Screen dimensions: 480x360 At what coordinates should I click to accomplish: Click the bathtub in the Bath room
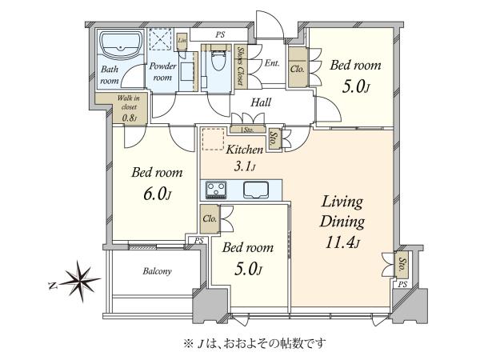121,45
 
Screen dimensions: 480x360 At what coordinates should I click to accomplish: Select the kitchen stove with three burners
216,190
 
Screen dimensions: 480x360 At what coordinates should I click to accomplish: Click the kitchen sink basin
256,190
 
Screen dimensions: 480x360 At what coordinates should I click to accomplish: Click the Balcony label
157,271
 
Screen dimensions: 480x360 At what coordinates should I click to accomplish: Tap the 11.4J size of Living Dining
342,243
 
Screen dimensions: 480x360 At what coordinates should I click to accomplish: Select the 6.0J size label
157,194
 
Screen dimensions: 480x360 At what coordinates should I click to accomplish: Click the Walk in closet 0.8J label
129,108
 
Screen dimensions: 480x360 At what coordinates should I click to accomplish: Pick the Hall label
261,102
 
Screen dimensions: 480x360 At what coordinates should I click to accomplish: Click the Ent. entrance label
272,63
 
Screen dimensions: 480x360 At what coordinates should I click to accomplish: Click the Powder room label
163,72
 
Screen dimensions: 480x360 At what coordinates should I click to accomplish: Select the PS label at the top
220,35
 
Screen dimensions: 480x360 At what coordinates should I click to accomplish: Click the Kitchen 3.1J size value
245,167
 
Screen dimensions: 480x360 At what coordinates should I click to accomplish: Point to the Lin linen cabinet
182,42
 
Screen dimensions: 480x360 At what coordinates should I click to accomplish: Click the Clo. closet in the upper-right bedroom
298,67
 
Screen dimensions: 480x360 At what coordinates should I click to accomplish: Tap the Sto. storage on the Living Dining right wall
402,264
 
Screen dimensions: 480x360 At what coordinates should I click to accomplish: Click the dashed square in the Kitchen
213,139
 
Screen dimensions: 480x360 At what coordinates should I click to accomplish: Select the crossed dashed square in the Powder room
161,39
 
